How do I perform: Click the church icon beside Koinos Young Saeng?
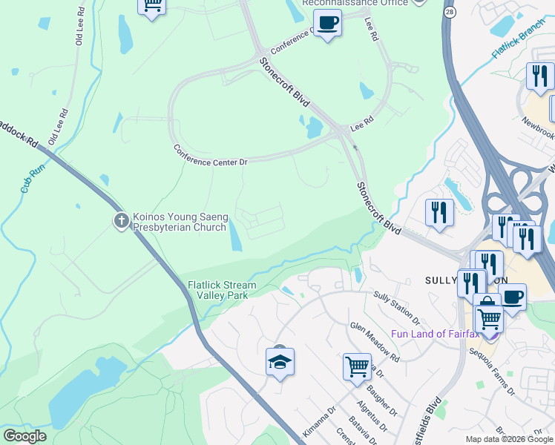click(122, 220)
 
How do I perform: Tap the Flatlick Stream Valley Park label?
click(221, 289)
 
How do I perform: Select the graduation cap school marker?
click(280, 362)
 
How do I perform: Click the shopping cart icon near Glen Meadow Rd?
click(357, 366)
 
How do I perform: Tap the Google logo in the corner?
click(24, 436)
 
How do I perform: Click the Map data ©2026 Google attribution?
click(508, 439)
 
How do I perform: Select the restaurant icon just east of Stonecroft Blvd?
click(439, 213)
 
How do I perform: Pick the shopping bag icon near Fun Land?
click(486, 305)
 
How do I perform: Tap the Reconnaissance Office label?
click(355, 3)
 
